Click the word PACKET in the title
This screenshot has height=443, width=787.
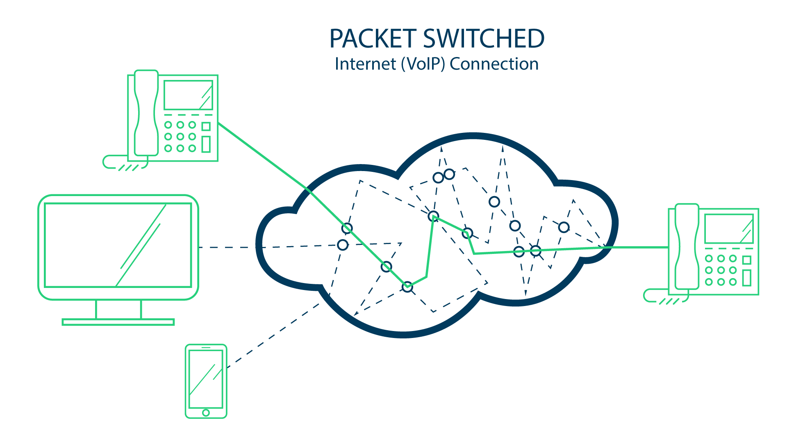(x=373, y=39)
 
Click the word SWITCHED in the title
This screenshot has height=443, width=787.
(x=484, y=39)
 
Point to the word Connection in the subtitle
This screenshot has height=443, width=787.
(x=494, y=64)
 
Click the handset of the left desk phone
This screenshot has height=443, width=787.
(x=146, y=113)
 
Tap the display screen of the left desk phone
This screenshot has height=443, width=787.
(x=188, y=95)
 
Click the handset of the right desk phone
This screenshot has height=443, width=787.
(x=687, y=246)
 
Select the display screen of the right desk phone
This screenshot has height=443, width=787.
(x=729, y=228)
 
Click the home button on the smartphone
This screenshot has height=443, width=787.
(x=206, y=413)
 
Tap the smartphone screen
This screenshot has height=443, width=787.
(x=206, y=378)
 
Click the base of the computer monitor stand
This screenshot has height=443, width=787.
(x=118, y=322)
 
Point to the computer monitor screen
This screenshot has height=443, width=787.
(x=118, y=245)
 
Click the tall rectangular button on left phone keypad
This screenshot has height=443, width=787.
(x=206, y=144)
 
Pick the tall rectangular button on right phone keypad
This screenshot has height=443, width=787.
(x=747, y=278)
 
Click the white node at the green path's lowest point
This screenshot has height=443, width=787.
(x=407, y=287)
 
